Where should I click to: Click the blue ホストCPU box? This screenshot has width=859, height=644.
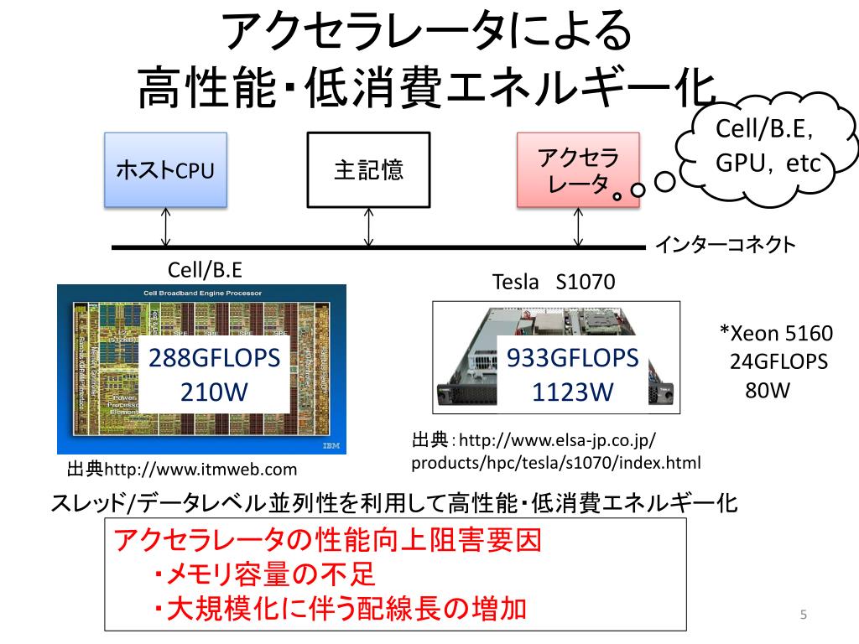[165, 170]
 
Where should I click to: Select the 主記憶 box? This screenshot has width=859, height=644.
[368, 170]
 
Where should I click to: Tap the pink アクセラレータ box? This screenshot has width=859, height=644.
[578, 170]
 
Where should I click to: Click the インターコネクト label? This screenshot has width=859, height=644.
[725, 246]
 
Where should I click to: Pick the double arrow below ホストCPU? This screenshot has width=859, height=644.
[166, 226]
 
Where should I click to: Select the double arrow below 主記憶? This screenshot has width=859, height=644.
[368, 226]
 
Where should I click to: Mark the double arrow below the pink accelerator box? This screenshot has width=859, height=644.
[578, 226]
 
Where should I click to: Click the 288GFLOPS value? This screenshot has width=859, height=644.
[213, 359]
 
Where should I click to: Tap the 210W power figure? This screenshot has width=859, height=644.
[213, 392]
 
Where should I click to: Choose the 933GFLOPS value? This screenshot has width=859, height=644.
[573, 359]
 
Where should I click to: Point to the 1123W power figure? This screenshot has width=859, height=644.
[573, 392]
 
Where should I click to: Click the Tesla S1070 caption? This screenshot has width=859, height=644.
[553, 283]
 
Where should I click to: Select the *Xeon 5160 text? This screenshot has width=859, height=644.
[777, 334]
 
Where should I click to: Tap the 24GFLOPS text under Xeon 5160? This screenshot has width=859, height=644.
[778, 362]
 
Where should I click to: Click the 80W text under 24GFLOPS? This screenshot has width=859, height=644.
[768, 390]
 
